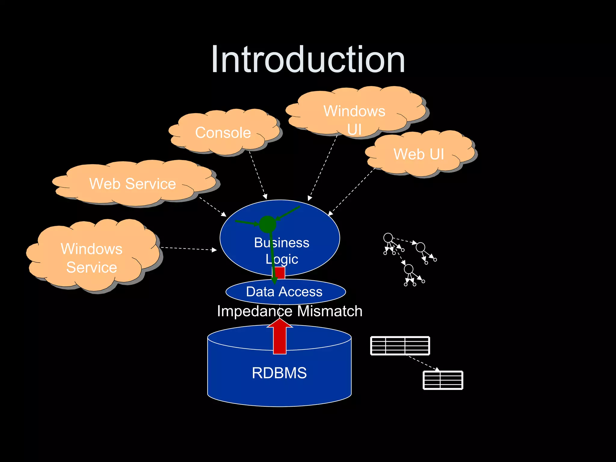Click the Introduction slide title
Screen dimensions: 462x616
[x=308, y=59]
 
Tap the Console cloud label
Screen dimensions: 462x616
[x=223, y=133]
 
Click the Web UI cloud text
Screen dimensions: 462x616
[x=419, y=154]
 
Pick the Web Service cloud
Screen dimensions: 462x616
[x=133, y=184]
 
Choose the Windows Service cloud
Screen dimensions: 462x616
[x=92, y=258]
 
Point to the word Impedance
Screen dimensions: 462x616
[x=254, y=311]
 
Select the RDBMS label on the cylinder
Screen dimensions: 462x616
[x=279, y=373]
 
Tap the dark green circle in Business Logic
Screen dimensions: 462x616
[x=267, y=224]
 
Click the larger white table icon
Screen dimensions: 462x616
[x=400, y=346]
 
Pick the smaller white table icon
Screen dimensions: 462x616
[x=443, y=380]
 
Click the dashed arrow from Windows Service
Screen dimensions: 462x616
[x=188, y=249]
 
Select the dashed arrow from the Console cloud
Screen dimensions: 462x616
[x=258, y=175]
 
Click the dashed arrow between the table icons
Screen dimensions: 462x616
[x=423, y=363]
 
